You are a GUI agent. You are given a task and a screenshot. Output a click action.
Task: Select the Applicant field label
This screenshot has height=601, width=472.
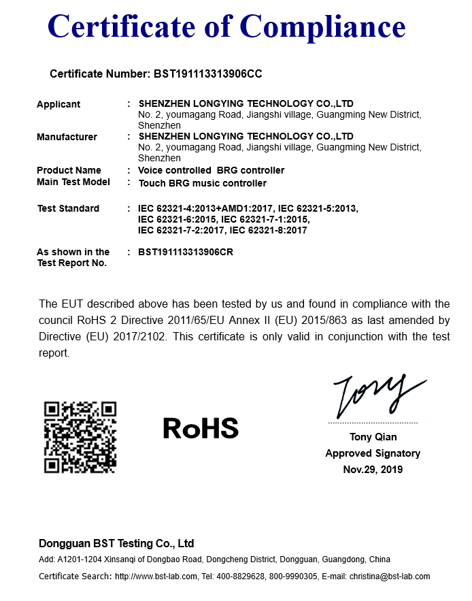tap(58, 104)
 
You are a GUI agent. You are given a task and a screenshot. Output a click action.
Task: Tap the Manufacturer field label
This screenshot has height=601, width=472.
tap(67, 137)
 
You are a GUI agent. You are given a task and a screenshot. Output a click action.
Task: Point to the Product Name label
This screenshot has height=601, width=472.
tap(69, 170)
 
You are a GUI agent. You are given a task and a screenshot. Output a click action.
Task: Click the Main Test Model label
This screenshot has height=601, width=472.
tap(73, 182)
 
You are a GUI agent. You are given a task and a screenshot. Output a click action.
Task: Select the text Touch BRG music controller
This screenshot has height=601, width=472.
tap(202, 183)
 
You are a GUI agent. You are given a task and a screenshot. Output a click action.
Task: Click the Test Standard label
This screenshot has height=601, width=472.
tap(68, 208)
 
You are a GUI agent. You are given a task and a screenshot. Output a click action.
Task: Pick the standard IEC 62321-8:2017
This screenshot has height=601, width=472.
tap(269, 230)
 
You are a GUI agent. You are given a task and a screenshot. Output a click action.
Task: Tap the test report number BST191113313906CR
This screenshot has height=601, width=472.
tap(190, 252)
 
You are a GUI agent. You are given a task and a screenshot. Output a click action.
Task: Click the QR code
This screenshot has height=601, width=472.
tap(80, 437)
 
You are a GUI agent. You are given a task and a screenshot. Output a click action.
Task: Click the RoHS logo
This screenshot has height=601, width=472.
tap(201, 428)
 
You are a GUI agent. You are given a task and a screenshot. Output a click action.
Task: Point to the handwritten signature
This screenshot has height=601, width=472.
tap(374, 395)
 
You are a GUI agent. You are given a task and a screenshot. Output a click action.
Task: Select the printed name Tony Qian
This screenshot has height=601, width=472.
tap(373, 437)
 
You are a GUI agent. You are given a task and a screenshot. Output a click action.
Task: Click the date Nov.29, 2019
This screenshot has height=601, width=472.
tap(373, 470)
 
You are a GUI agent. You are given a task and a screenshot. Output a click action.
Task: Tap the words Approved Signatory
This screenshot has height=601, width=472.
tap(373, 453)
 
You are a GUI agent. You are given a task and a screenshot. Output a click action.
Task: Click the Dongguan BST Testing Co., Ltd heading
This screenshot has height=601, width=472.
tap(116, 543)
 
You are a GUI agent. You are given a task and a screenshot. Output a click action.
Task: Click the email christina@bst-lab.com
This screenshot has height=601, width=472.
tap(390, 576)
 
